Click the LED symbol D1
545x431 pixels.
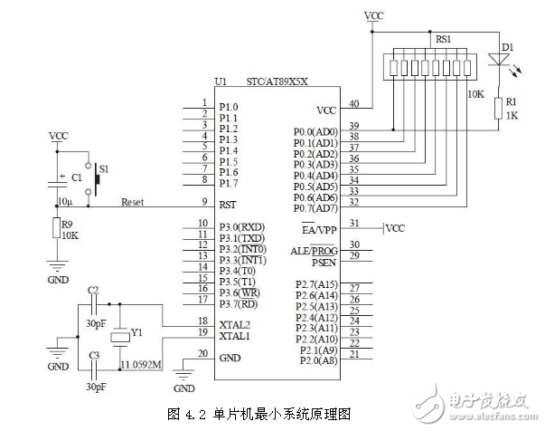497,60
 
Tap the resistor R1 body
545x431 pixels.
497,109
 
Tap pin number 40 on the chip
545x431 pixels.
354,104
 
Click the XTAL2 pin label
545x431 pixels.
235,323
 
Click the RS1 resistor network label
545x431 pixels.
444,40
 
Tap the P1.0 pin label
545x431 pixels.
229,107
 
